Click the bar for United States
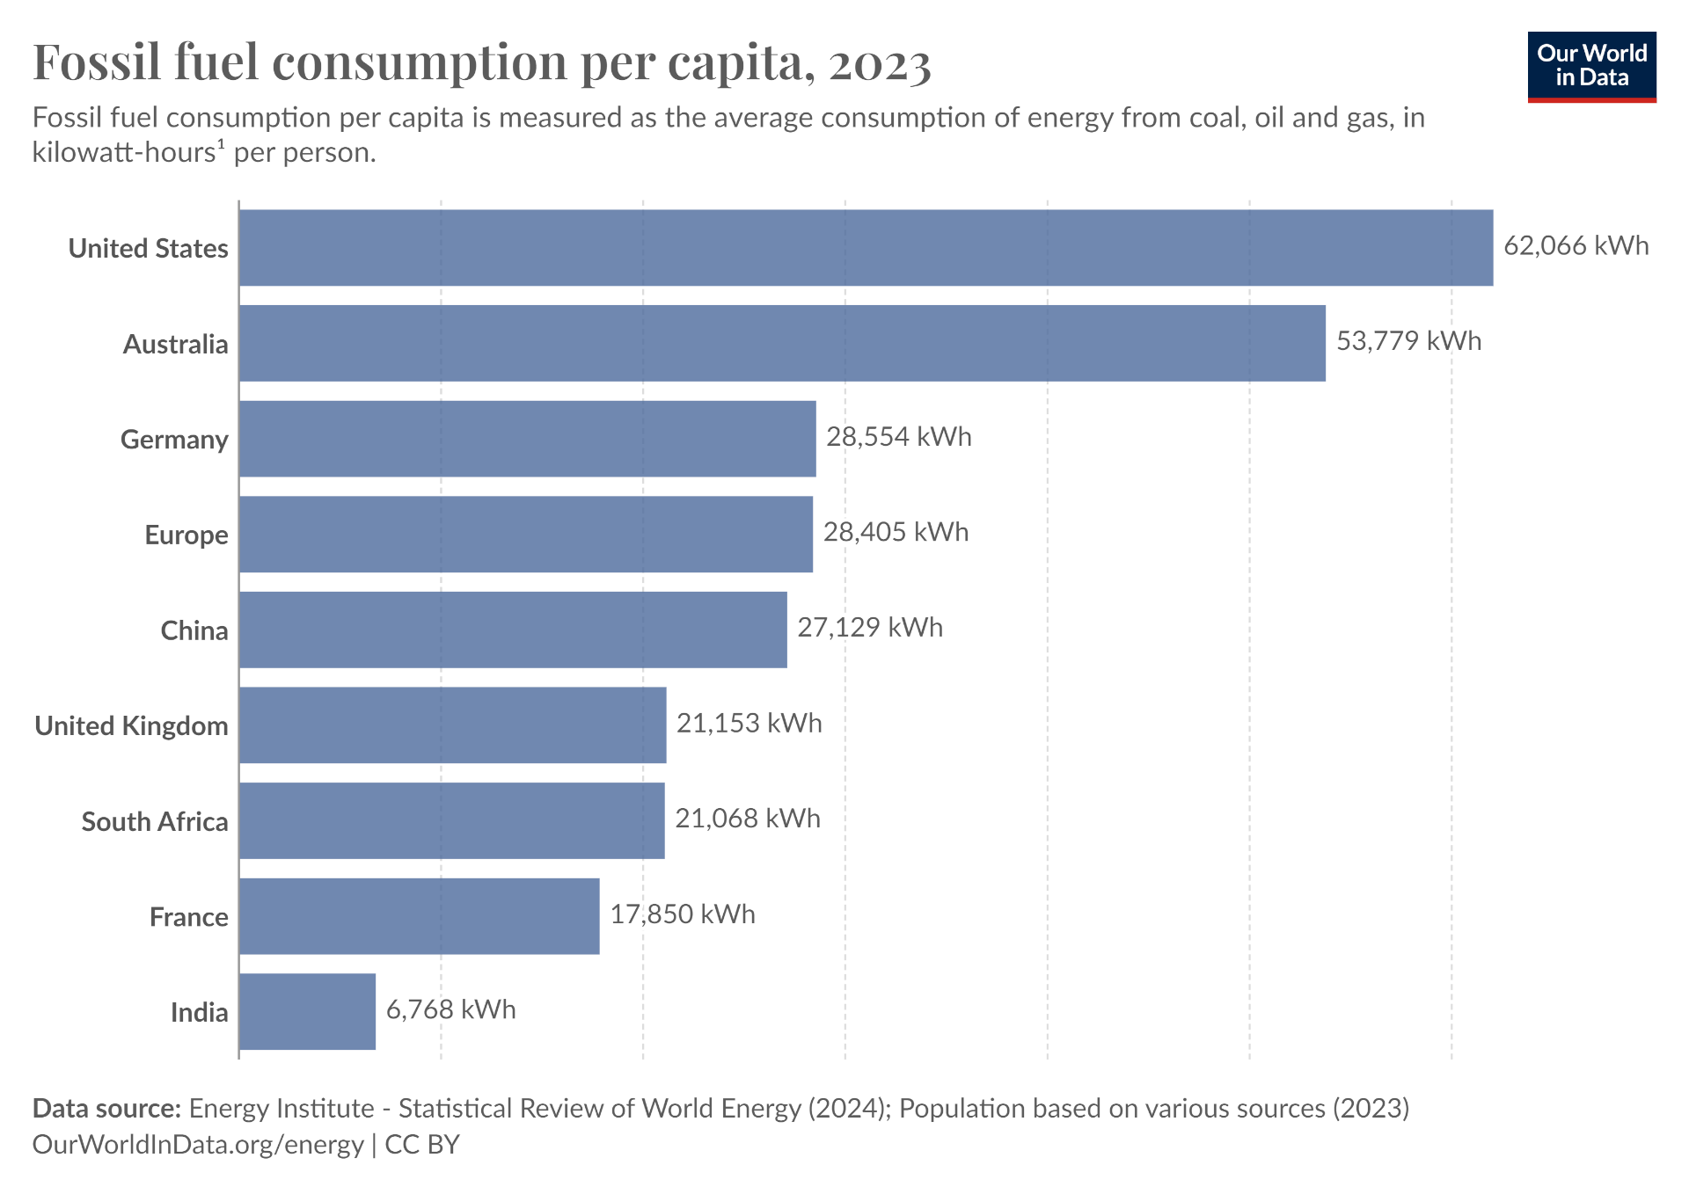tap(866, 248)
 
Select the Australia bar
tap(782, 343)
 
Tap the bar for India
tap(307, 1011)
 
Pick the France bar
tap(419, 916)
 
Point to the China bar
tap(513, 630)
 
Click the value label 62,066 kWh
tap(1576, 245)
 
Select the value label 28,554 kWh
tap(898, 437)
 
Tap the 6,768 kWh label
tap(450, 1009)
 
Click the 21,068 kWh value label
tap(747, 819)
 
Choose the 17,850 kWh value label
tap(683, 914)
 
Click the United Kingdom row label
tap(131, 726)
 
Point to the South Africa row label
tap(155, 822)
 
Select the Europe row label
tap(186, 535)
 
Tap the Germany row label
tap(174, 440)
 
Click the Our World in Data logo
tap(1591, 67)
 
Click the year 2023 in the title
tap(879, 63)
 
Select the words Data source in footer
tap(106, 1108)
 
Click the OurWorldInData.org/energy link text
tap(198, 1144)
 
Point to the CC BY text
tap(422, 1144)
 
